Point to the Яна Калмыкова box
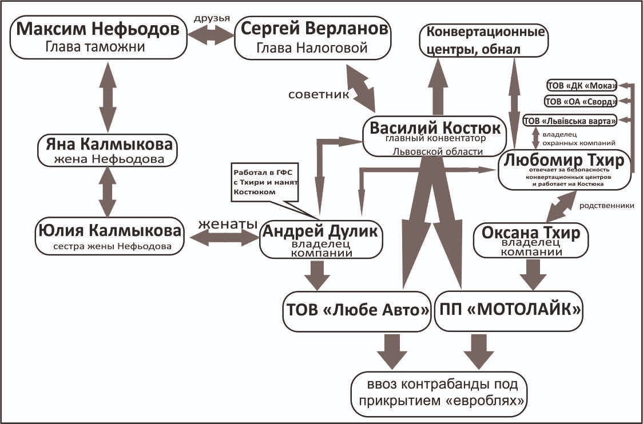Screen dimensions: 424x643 click(106, 149)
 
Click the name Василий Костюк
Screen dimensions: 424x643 click(435, 129)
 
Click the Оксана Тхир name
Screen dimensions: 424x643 click(531, 233)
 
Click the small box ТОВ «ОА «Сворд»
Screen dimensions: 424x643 click(581, 102)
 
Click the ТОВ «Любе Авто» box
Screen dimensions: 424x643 click(357, 311)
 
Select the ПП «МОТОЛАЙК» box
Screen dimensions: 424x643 click(509, 311)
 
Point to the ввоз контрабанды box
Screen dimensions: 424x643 click(439, 389)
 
